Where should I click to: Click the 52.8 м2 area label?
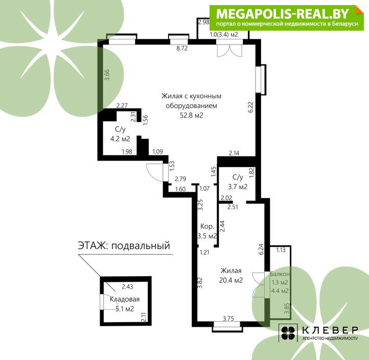pyautogui.click(x=191, y=116)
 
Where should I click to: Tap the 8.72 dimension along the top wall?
pyautogui.click(x=182, y=48)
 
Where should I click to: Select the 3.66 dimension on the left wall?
pyautogui.click(x=107, y=75)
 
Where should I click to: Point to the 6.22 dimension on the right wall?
pyautogui.click(x=250, y=107)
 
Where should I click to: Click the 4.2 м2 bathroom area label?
pyautogui.click(x=120, y=139)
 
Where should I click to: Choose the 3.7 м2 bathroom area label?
pyautogui.click(x=238, y=187)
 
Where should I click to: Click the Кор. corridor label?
pyautogui.click(x=207, y=226)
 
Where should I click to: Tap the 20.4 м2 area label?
pyautogui.click(x=231, y=280)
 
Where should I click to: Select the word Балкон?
pyautogui.click(x=280, y=274)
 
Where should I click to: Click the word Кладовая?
pyautogui.click(x=125, y=299)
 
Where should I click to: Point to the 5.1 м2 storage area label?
pyautogui.click(x=125, y=309)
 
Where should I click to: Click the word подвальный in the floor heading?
pyautogui.click(x=141, y=246)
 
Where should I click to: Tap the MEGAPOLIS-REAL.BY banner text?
pyautogui.click(x=282, y=14)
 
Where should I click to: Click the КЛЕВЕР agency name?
pyautogui.click(x=330, y=330)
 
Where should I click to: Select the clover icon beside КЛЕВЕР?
pyautogui.click(x=288, y=333)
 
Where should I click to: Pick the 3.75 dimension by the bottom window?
pyautogui.click(x=228, y=319)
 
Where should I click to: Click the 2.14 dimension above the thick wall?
pyautogui.click(x=234, y=153)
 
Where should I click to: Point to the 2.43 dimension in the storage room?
pyautogui.click(x=127, y=286)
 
